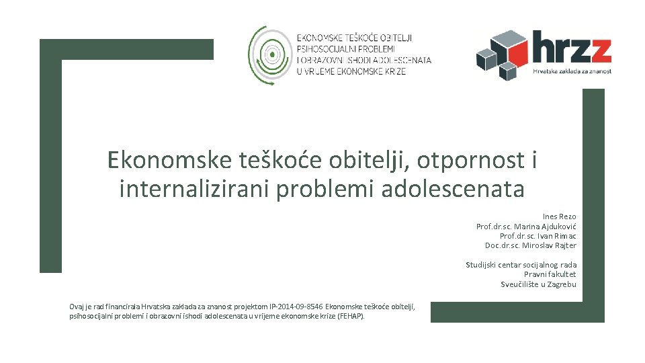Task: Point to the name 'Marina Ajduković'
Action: [548, 227]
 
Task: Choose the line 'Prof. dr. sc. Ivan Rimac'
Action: [537, 236]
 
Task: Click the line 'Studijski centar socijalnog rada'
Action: [521, 265]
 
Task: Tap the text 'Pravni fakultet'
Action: [550, 274]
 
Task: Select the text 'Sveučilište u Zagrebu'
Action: [538, 284]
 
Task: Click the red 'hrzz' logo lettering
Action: [571, 48]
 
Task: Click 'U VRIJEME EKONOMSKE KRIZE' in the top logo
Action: [351, 71]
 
